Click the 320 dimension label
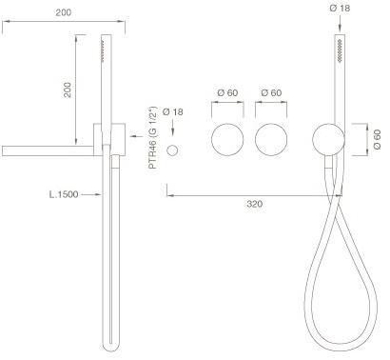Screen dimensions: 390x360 coord(255,204)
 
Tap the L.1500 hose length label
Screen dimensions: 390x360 coord(64,194)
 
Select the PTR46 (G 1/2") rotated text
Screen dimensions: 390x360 coord(153,137)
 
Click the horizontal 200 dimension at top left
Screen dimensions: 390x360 coord(64,12)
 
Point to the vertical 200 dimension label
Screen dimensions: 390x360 coord(68,90)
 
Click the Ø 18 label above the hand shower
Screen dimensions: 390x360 coord(340,8)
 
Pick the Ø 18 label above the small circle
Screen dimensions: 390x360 coord(173,111)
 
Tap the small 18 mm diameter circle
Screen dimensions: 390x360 coord(172,150)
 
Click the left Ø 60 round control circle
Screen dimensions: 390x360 coord(227,140)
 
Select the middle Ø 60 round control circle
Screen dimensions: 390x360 coord(271,140)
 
